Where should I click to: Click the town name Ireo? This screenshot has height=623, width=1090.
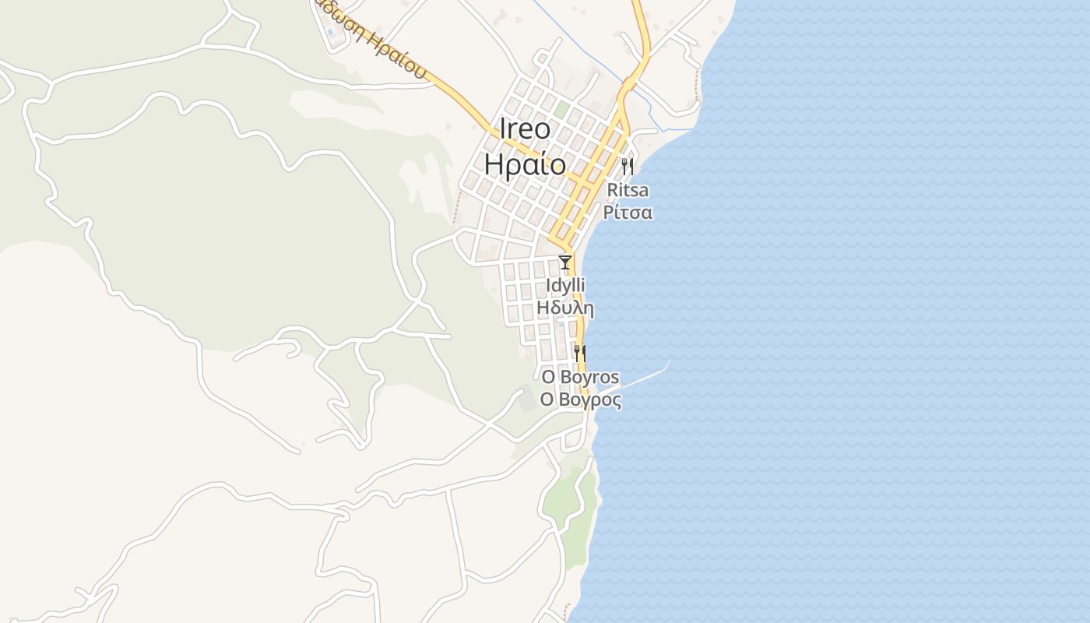coord(524,129)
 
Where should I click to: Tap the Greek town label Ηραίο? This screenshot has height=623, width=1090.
coord(524,164)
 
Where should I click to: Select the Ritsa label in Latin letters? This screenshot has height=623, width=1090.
coord(627,190)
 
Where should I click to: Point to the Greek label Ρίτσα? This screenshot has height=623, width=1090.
coord(628,212)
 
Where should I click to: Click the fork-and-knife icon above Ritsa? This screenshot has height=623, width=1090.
coord(627,166)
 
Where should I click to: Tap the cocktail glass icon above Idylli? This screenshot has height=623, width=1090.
coord(565,262)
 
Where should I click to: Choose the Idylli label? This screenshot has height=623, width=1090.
coord(565,286)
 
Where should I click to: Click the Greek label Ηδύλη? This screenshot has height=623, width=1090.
coord(565,308)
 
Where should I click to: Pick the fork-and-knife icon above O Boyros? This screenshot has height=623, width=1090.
coord(579,354)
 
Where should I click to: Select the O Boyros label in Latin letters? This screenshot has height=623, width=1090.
coord(581,378)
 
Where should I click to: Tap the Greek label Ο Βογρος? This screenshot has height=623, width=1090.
coord(581,400)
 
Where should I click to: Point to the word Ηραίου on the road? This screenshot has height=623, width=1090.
coord(398,55)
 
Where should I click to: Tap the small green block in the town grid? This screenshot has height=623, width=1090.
coord(561,110)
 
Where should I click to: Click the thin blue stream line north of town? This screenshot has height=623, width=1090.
coord(592,55)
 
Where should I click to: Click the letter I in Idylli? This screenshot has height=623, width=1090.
coord(548,286)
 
